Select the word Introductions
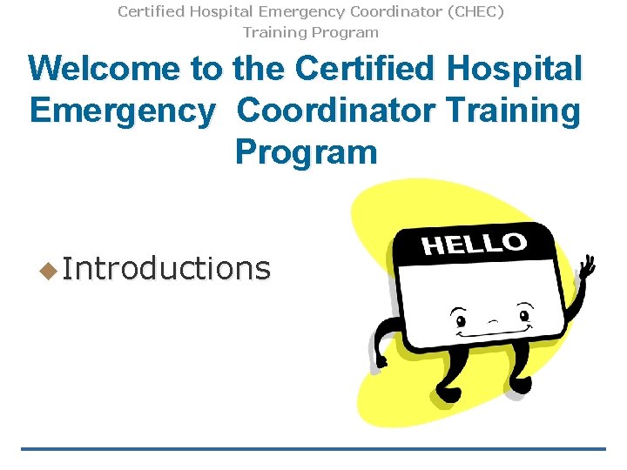[166, 268]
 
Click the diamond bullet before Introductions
[48, 270]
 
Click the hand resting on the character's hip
[381, 359]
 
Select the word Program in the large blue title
[306, 152]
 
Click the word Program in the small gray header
[347, 32]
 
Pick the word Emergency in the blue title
[122, 111]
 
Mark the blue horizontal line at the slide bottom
[313, 449]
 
